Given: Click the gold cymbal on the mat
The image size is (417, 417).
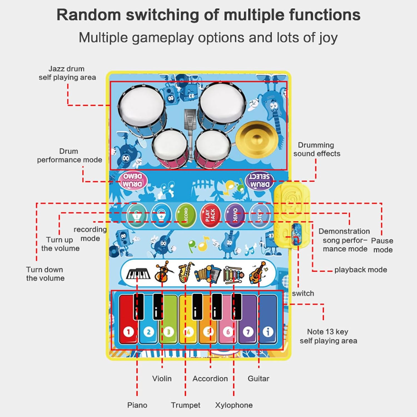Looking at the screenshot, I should click(x=257, y=139).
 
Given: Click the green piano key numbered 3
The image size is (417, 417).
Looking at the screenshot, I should click(x=168, y=325).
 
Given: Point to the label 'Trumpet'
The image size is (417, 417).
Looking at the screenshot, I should click(x=185, y=405).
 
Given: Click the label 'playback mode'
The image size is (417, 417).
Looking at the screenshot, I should click(x=361, y=270).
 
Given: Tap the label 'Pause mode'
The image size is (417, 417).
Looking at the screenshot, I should click(x=383, y=245).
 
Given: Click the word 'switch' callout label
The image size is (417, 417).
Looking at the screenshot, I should click(x=303, y=293).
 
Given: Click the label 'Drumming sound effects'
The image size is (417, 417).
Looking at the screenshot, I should click(x=317, y=149).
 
